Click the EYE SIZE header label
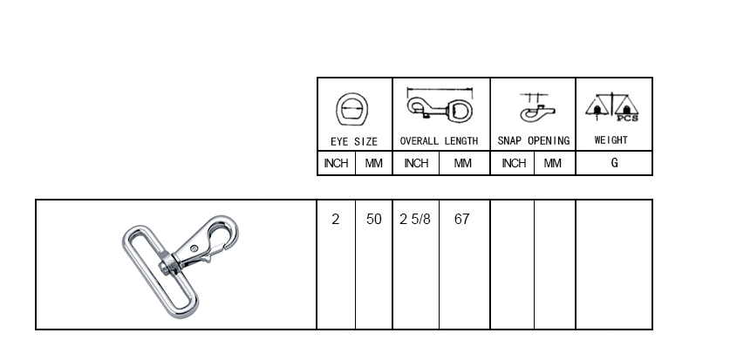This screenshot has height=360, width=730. point(354,141)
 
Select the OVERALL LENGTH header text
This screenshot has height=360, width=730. point(439,141)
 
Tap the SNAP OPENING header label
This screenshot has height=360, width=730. point(534,140)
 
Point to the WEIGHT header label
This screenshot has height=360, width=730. point(611,140)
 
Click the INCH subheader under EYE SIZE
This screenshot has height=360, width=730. point(336,163)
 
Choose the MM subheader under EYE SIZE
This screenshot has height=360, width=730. point(374,163)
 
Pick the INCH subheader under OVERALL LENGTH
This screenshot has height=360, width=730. point(416,163)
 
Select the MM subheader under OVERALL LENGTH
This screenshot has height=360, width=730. point(463,163)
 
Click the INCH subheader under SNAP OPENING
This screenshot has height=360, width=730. point(514,163)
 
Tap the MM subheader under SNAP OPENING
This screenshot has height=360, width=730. point(553,163)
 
